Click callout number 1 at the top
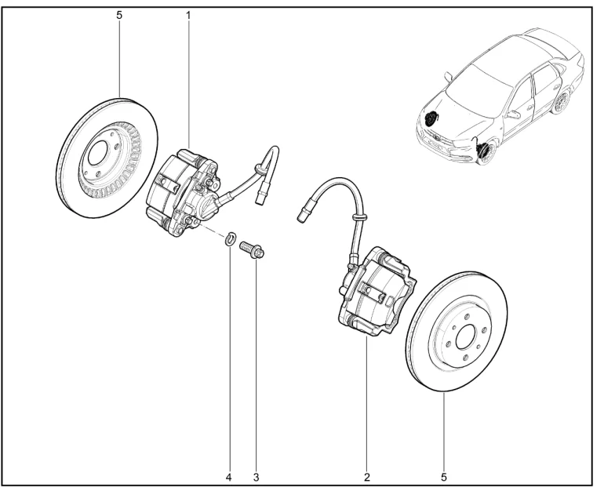click(x=188, y=16)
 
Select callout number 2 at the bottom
click(x=367, y=478)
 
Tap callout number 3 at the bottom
click(x=257, y=478)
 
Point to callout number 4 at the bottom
click(x=229, y=478)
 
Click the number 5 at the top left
click(x=119, y=16)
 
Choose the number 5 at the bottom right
click(x=444, y=478)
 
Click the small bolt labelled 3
click(x=251, y=249)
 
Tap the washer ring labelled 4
click(x=230, y=239)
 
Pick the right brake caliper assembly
click(x=376, y=293)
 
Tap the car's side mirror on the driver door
click(x=514, y=114)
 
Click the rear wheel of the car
click(x=561, y=102)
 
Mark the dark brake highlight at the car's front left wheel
click(x=431, y=118)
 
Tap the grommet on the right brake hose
click(x=359, y=217)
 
